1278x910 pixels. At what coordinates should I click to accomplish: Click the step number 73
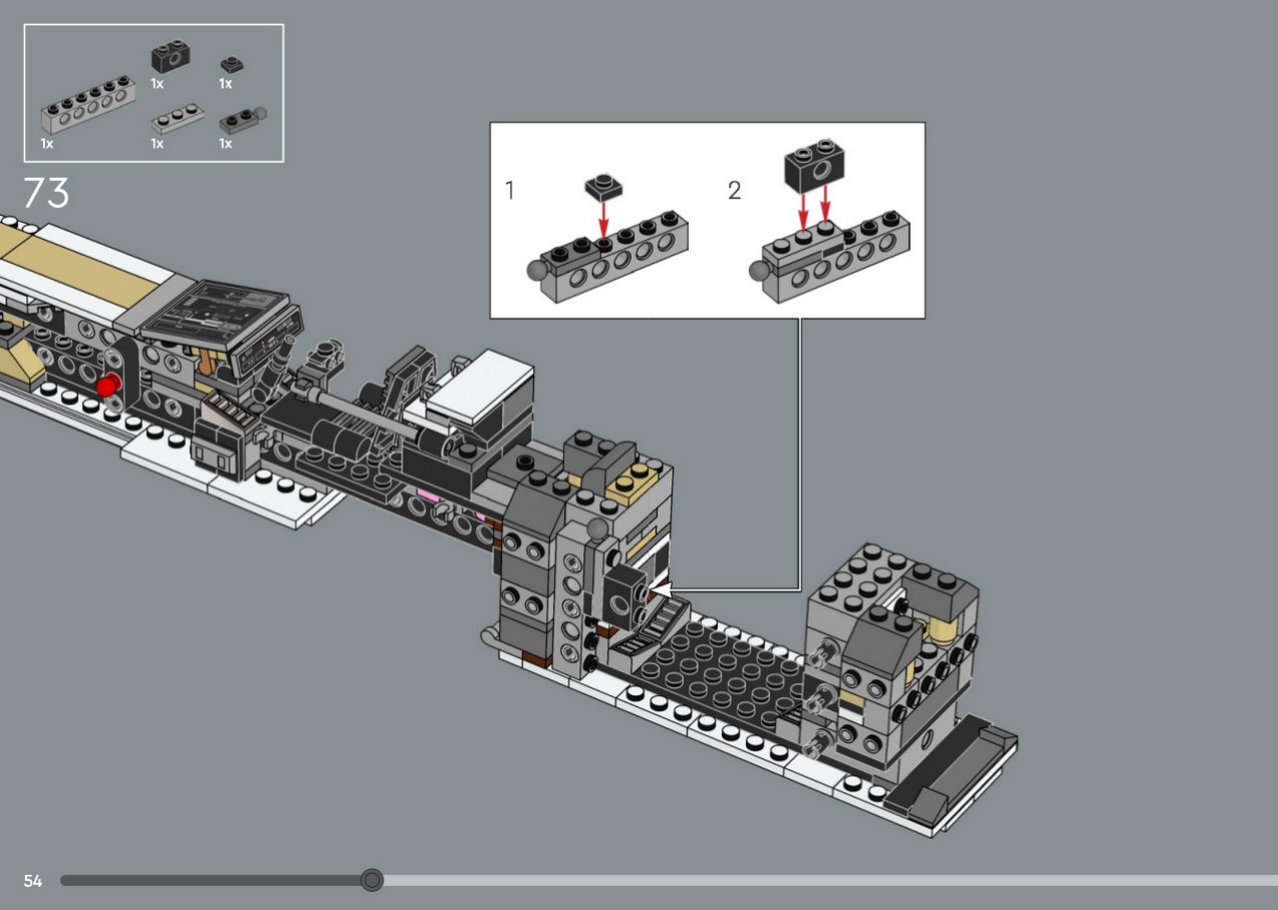click(x=46, y=193)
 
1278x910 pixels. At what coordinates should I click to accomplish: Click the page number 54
click(x=33, y=881)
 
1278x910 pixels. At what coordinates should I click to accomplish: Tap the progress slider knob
click(x=372, y=880)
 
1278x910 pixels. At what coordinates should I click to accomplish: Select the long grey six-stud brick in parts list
click(x=88, y=104)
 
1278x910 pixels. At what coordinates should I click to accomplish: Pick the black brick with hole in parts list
click(x=170, y=56)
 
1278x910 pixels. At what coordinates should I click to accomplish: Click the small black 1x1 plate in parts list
click(x=232, y=65)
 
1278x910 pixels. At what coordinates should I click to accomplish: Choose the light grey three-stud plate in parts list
click(x=177, y=118)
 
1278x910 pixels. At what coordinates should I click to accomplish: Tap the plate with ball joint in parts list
click(x=243, y=119)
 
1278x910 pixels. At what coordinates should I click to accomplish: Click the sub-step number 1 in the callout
click(x=509, y=190)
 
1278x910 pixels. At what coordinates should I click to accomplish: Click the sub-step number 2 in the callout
click(x=734, y=190)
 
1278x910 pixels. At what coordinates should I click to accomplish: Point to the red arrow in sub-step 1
click(x=604, y=220)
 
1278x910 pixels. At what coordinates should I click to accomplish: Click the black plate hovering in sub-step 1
click(x=604, y=187)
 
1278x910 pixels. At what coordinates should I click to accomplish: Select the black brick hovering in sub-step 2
click(x=814, y=165)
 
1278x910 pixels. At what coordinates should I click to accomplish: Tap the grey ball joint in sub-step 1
click(x=537, y=270)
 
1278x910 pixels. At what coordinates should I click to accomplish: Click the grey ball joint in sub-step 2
click(x=759, y=271)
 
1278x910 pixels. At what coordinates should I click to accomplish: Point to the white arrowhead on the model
click(x=661, y=589)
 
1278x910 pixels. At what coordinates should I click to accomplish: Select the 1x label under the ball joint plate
click(x=226, y=143)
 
